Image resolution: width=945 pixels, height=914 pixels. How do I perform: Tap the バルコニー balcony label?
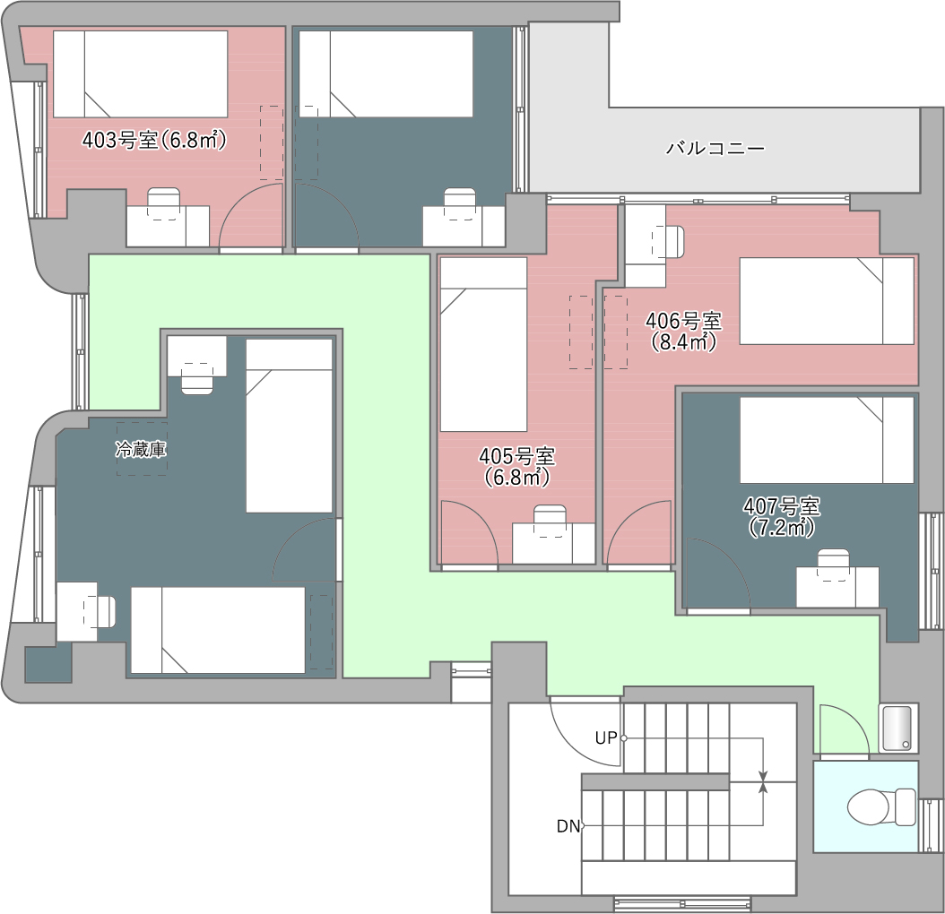pyautogui.click(x=715, y=148)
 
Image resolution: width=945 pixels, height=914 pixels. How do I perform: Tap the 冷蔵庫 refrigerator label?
pyautogui.click(x=141, y=449)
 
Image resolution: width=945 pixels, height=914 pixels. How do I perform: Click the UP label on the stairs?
pyautogui.click(x=606, y=738)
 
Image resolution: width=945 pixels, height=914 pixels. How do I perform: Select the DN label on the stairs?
pyautogui.click(x=568, y=826)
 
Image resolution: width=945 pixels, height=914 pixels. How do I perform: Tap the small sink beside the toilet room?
pyautogui.click(x=898, y=728)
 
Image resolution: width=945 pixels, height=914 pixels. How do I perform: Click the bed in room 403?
pyautogui.click(x=141, y=74)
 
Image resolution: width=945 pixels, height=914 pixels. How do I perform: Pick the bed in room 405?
pyautogui.click(x=483, y=345)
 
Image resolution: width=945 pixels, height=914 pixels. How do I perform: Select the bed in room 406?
pyautogui.click(x=827, y=301)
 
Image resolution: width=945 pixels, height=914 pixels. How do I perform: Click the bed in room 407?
pyautogui.click(x=827, y=440)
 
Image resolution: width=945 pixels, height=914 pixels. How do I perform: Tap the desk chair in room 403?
pyautogui.click(x=164, y=203)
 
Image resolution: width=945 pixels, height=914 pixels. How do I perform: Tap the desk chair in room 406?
pyautogui.click(x=668, y=242)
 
